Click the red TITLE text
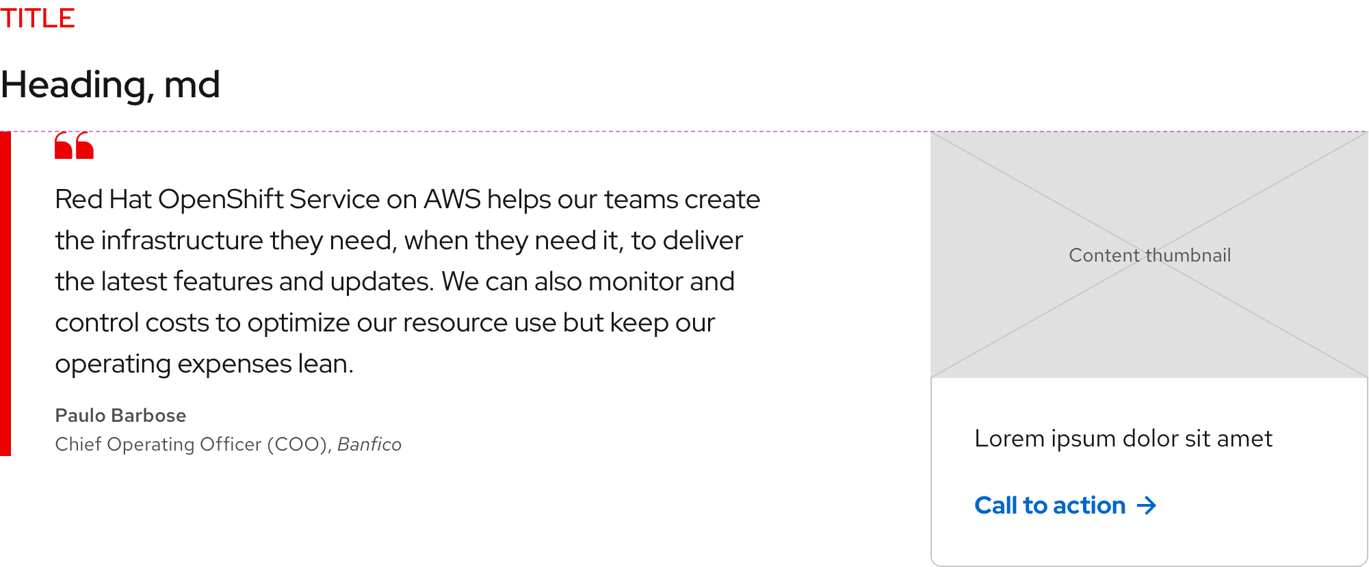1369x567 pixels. [x=38, y=18]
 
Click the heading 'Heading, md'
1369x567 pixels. [x=110, y=85]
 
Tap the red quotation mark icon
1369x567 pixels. [x=74, y=146]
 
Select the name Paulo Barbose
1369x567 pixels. [x=120, y=416]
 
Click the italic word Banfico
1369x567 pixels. [x=369, y=444]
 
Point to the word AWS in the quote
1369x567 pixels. [x=452, y=199]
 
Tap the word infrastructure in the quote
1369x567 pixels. [x=182, y=240]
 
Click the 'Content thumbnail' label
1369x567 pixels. [x=1149, y=255]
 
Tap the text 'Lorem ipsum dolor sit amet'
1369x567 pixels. [x=1123, y=438]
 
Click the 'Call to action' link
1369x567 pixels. [x=1050, y=505]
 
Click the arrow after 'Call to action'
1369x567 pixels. [x=1147, y=505]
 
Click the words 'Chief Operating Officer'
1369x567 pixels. [x=158, y=444]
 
